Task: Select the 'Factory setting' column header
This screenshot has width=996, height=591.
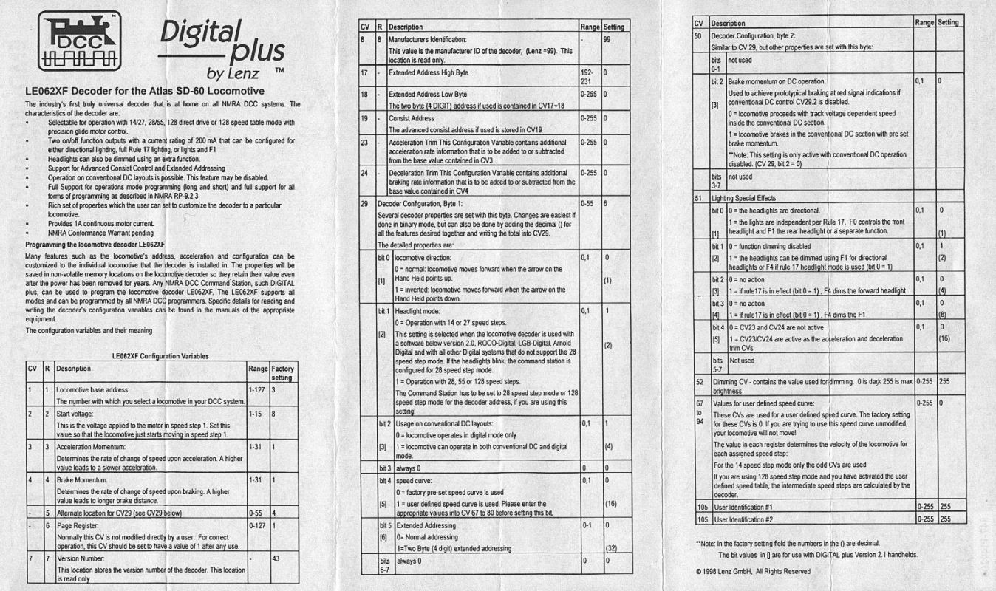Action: [x=282, y=372]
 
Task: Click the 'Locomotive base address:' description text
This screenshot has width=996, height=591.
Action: [x=93, y=389]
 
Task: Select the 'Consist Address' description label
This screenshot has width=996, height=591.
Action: [x=412, y=117]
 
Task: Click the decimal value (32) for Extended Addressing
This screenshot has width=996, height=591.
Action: [x=610, y=548]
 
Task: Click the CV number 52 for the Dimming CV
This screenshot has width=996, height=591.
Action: [x=697, y=381]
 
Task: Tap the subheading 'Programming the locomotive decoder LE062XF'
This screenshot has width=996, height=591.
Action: [x=95, y=242]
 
